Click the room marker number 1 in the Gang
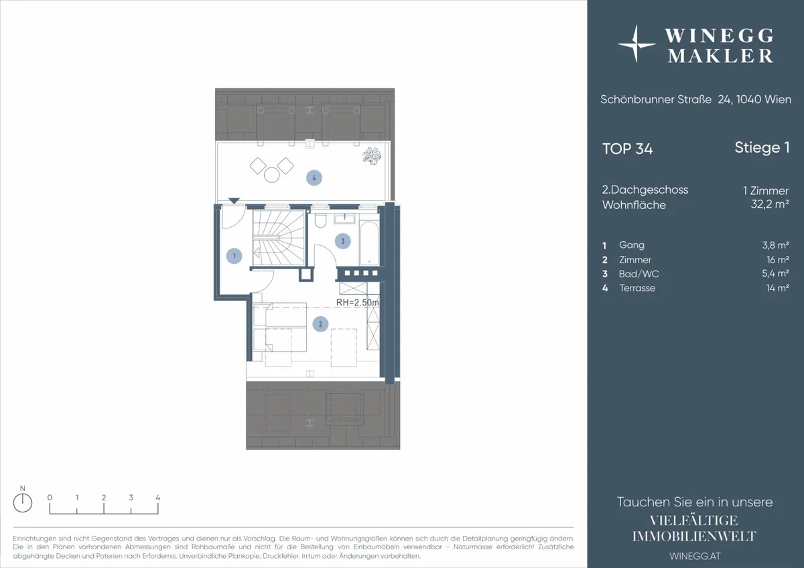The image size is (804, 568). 234,256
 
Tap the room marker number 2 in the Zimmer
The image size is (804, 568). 320,324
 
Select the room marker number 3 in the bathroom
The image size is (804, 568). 342,241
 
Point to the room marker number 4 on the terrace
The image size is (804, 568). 314,178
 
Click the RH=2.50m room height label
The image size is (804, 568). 358,303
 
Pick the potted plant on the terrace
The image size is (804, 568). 371,156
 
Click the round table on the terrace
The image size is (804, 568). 272,175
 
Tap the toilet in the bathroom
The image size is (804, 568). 320,220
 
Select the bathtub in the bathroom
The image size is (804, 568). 369,243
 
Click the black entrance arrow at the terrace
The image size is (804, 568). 234,201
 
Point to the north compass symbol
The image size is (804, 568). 23,502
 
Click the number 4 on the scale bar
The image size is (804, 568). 157,498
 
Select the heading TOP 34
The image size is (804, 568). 627,149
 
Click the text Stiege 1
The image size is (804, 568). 762,147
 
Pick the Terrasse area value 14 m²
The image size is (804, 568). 777,288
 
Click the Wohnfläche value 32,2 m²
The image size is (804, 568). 770,204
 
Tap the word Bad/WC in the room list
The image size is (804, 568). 639,274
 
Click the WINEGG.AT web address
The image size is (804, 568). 695,556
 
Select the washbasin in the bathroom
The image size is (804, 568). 344,218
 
